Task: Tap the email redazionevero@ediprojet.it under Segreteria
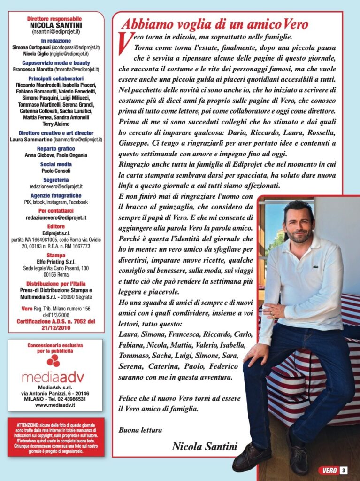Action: point(56,187)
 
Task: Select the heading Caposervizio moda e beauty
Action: point(56,62)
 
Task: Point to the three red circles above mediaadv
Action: point(54,360)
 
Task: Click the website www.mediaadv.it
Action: point(55,404)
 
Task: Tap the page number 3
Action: point(344,470)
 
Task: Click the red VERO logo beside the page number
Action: point(328,470)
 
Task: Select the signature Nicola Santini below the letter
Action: point(205,446)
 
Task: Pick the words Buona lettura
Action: point(140,429)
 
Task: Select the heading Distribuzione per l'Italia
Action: point(56,284)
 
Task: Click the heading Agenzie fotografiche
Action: point(56,195)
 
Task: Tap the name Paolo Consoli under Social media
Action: point(56,171)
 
